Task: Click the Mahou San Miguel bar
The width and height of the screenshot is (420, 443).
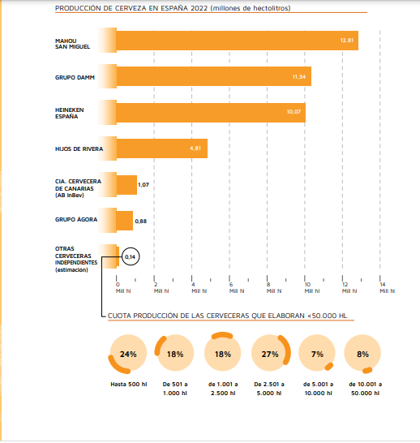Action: [x=237, y=41]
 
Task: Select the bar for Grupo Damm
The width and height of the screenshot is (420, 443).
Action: [x=214, y=76]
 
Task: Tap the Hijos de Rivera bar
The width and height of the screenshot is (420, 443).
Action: [x=161, y=148]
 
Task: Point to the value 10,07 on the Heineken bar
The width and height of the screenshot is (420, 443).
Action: [x=294, y=112]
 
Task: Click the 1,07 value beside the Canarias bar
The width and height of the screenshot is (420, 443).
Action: [x=144, y=185]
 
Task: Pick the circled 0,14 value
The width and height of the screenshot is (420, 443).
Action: [x=131, y=256]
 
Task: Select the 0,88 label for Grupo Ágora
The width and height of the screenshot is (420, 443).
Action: [x=141, y=221]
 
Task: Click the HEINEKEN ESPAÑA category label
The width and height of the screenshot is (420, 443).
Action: [x=70, y=113]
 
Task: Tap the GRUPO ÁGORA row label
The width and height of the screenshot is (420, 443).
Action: [x=76, y=219]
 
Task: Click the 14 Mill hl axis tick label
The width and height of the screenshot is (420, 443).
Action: [x=388, y=287]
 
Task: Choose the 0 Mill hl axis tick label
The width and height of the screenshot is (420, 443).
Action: [x=123, y=287]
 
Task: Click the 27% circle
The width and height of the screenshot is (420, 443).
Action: [x=270, y=353]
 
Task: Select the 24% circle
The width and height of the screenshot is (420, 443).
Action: [x=128, y=353]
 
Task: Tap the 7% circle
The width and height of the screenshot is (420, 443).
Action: [x=317, y=353]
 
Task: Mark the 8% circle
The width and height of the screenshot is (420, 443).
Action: [x=362, y=353]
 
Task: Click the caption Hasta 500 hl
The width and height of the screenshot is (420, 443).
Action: [x=129, y=385]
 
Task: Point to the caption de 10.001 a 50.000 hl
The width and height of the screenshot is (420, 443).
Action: [x=365, y=389]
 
